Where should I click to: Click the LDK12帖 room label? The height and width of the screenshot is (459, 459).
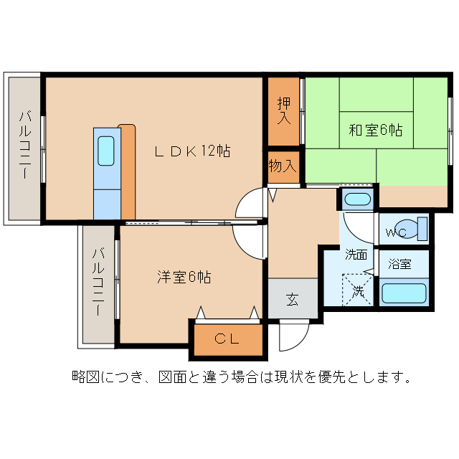193,151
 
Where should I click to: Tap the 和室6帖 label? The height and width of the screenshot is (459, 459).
375,131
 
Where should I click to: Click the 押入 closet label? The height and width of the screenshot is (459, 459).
284,110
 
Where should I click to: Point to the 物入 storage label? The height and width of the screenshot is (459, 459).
283,166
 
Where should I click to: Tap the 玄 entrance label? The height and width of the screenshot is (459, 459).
293,298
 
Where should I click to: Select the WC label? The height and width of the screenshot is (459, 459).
395,232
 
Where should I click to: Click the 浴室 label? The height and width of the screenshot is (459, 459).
399,264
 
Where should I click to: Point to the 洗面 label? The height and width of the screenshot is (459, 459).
356,254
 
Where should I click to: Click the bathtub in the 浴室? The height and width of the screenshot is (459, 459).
404,293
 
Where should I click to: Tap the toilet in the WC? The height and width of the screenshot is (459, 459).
415,228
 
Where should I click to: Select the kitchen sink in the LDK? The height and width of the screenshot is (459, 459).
105,151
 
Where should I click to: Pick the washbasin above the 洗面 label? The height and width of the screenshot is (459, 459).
356,199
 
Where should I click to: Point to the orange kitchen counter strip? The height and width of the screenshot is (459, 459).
127,171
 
